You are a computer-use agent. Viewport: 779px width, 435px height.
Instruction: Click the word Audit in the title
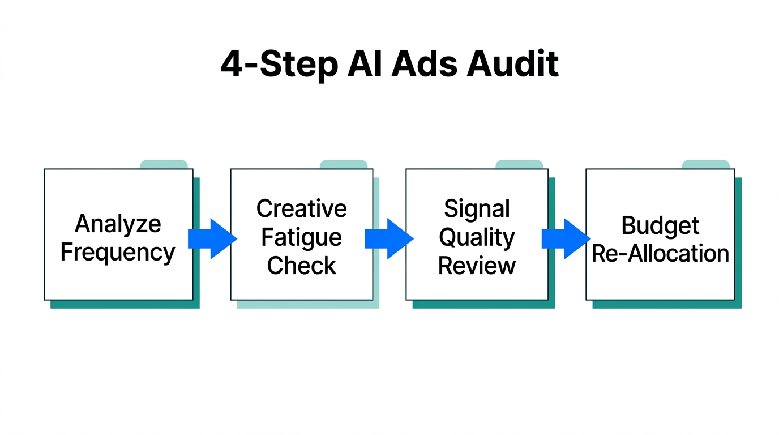(x=512, y=64)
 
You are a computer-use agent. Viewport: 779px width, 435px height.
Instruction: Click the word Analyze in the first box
(x=118, y=225)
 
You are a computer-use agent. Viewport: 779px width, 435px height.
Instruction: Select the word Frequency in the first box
(x=118, y=252)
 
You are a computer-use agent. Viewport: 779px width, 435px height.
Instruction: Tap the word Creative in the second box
(x=301, y=209)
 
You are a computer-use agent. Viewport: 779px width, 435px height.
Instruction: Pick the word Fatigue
(x=301, y=238)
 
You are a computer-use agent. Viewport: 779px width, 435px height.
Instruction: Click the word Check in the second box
(x=301, y=266)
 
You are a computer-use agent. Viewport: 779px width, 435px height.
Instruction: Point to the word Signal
(x=477, y=209)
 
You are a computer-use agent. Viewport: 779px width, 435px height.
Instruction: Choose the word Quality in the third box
(x=477, y=238)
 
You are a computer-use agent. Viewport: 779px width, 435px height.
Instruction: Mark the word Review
(x=477, y=266)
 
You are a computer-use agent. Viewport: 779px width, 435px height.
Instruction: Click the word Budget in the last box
(x=660, y=225)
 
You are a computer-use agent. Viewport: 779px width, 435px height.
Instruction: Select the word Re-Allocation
(x=660, y=253)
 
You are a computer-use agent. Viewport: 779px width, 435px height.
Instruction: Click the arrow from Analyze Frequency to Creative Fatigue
(x=212, y=238)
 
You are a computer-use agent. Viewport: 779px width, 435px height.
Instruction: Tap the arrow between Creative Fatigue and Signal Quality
(x=389, y=238)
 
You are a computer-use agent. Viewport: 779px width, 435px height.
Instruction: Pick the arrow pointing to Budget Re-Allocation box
(x=566, y=238)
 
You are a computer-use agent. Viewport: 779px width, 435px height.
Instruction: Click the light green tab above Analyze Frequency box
(x=164, y=164)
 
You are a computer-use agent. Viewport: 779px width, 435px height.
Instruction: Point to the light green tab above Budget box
(x=705, y=164)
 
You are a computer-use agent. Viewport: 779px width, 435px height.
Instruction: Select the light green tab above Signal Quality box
(x=519, y=164)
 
